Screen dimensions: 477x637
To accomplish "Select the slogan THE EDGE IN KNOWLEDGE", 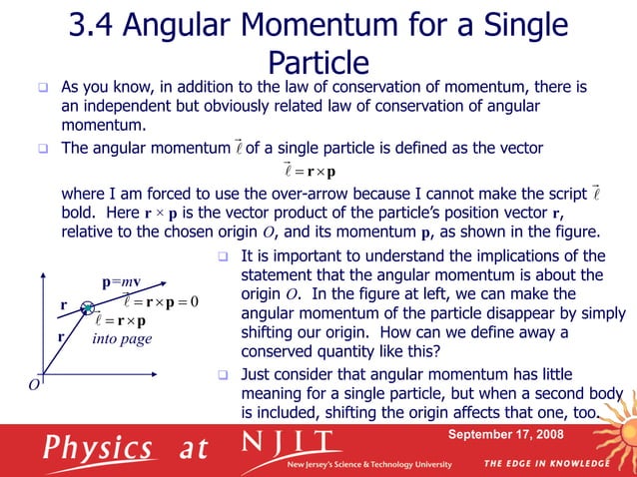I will point(547,464).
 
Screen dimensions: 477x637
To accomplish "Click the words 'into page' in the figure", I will point(122,339).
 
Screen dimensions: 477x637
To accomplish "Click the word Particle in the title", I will point(319,64).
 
